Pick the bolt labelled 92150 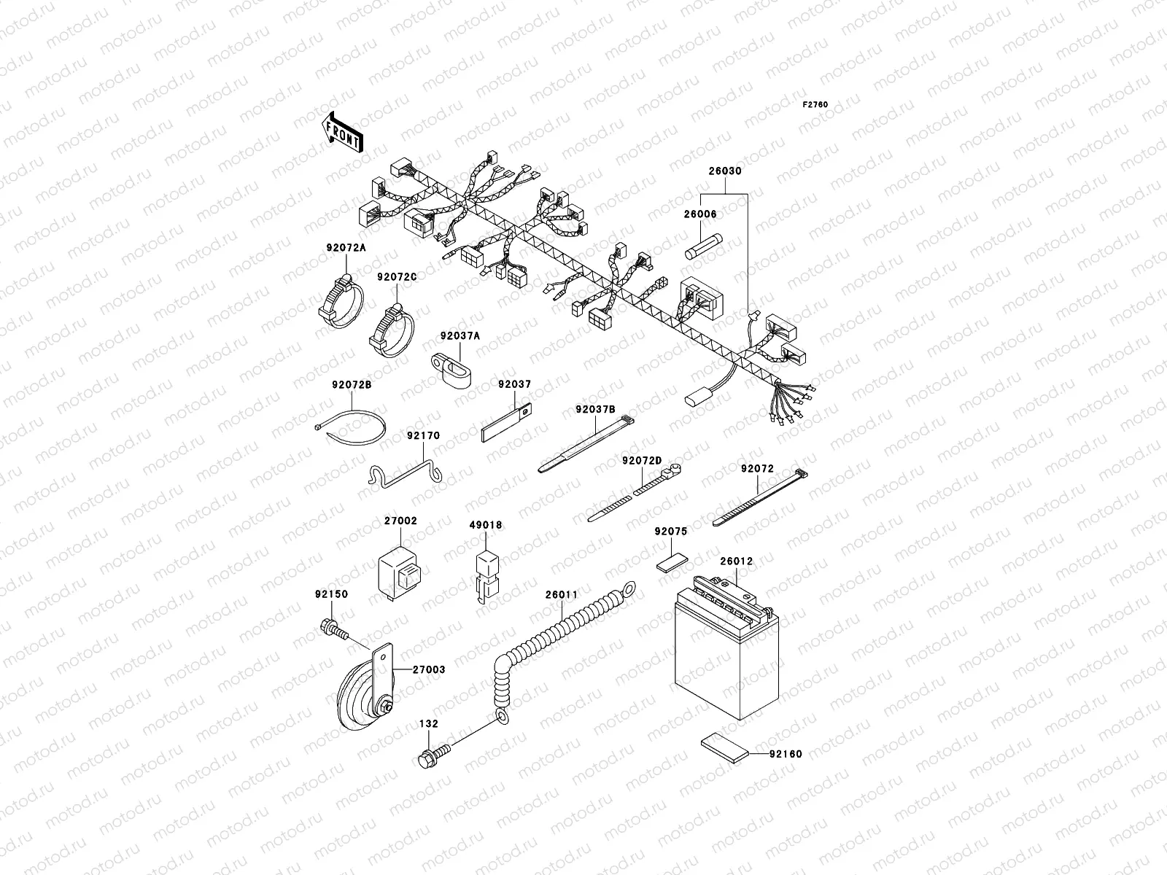(331, 626)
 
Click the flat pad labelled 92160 (724, 747)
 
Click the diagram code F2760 (815, 105)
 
